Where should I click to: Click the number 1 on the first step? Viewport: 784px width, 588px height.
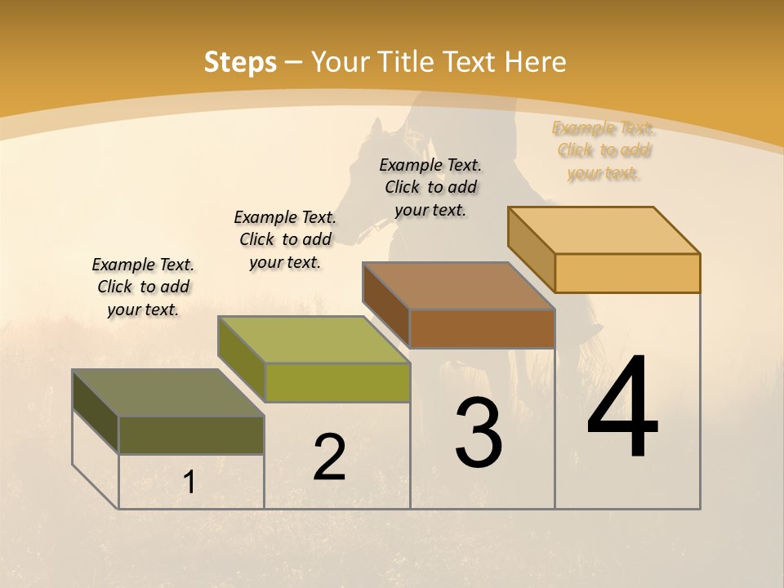coord(189,483)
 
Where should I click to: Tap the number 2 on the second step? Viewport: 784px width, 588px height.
coord(329,457)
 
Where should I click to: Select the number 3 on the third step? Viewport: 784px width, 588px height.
coord(478,433)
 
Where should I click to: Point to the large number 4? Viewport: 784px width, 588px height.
coord(622,408)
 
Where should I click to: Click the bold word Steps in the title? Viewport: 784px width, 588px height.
coord(240,61)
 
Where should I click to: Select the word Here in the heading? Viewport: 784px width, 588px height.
coord(536,61)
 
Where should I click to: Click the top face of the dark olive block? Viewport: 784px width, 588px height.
coord(167,393)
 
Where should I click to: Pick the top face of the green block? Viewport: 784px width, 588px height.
coord(314,340)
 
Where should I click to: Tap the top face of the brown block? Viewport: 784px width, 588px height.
coord(459,286)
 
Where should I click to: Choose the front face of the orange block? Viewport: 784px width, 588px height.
coord(627,273)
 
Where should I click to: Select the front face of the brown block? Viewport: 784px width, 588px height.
coord(482,328)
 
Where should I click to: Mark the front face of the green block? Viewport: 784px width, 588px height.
coord(337,382)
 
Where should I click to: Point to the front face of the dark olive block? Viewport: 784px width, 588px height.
coord(191,434)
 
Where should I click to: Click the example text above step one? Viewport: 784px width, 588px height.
coord(143,287)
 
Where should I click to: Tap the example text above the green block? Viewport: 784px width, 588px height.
coord(285,239)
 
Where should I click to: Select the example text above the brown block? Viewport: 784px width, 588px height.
coord(430,187)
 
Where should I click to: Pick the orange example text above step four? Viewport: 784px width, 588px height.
coord(604,150)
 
